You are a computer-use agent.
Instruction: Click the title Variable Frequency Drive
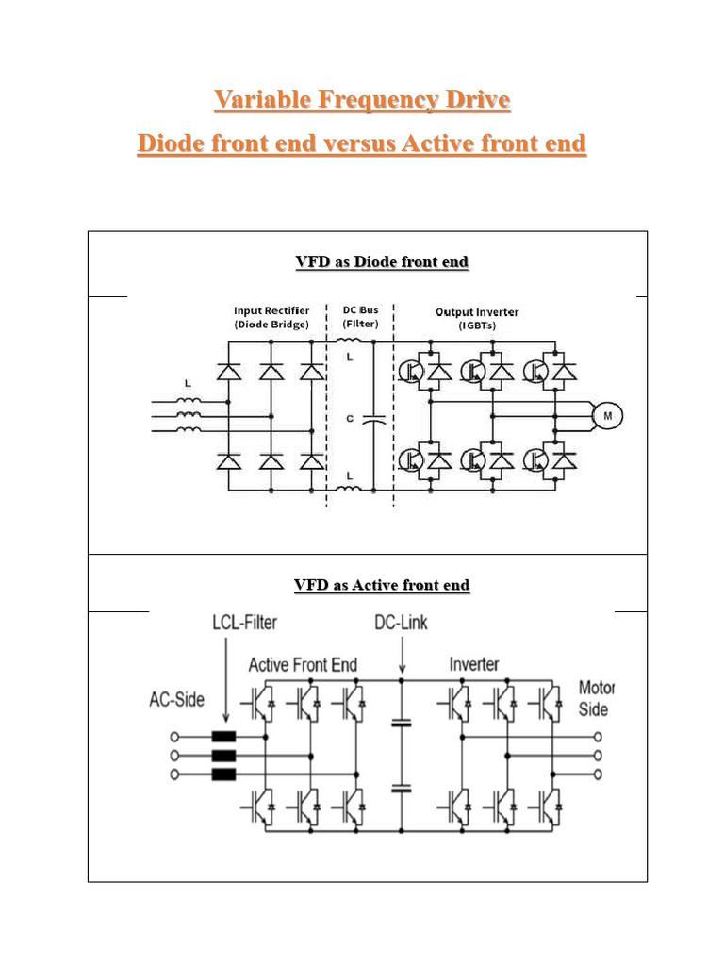[x=362, y=99]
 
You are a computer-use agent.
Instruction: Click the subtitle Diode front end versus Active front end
[x=362, y=143]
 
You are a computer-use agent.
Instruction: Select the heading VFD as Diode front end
[x=382, y=261]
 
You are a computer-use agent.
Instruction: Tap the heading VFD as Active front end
[x=382, y=585]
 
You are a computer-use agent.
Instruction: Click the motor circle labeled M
[x=606, y=414]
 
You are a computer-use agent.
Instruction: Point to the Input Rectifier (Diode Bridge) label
[x=271, y=318]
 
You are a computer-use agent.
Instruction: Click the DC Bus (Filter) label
[x=359, y=318]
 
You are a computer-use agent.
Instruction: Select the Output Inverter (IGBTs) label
[x=476, y=318]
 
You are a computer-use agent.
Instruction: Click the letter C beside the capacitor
[x=350, y=419]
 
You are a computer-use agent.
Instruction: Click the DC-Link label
[x=402, y=623]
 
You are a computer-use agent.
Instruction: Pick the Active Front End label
[x=303, y=665]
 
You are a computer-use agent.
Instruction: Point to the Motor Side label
[x=596, y=698]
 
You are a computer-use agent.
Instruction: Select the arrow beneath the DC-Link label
[x=402, y=653]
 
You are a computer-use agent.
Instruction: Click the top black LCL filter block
[x=223, y=738]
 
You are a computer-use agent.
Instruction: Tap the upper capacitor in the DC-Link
[x=403, y=724]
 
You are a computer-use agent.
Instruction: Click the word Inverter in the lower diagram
[x=474, y=664]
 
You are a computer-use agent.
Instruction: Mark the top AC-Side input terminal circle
[x=173, y=738]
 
